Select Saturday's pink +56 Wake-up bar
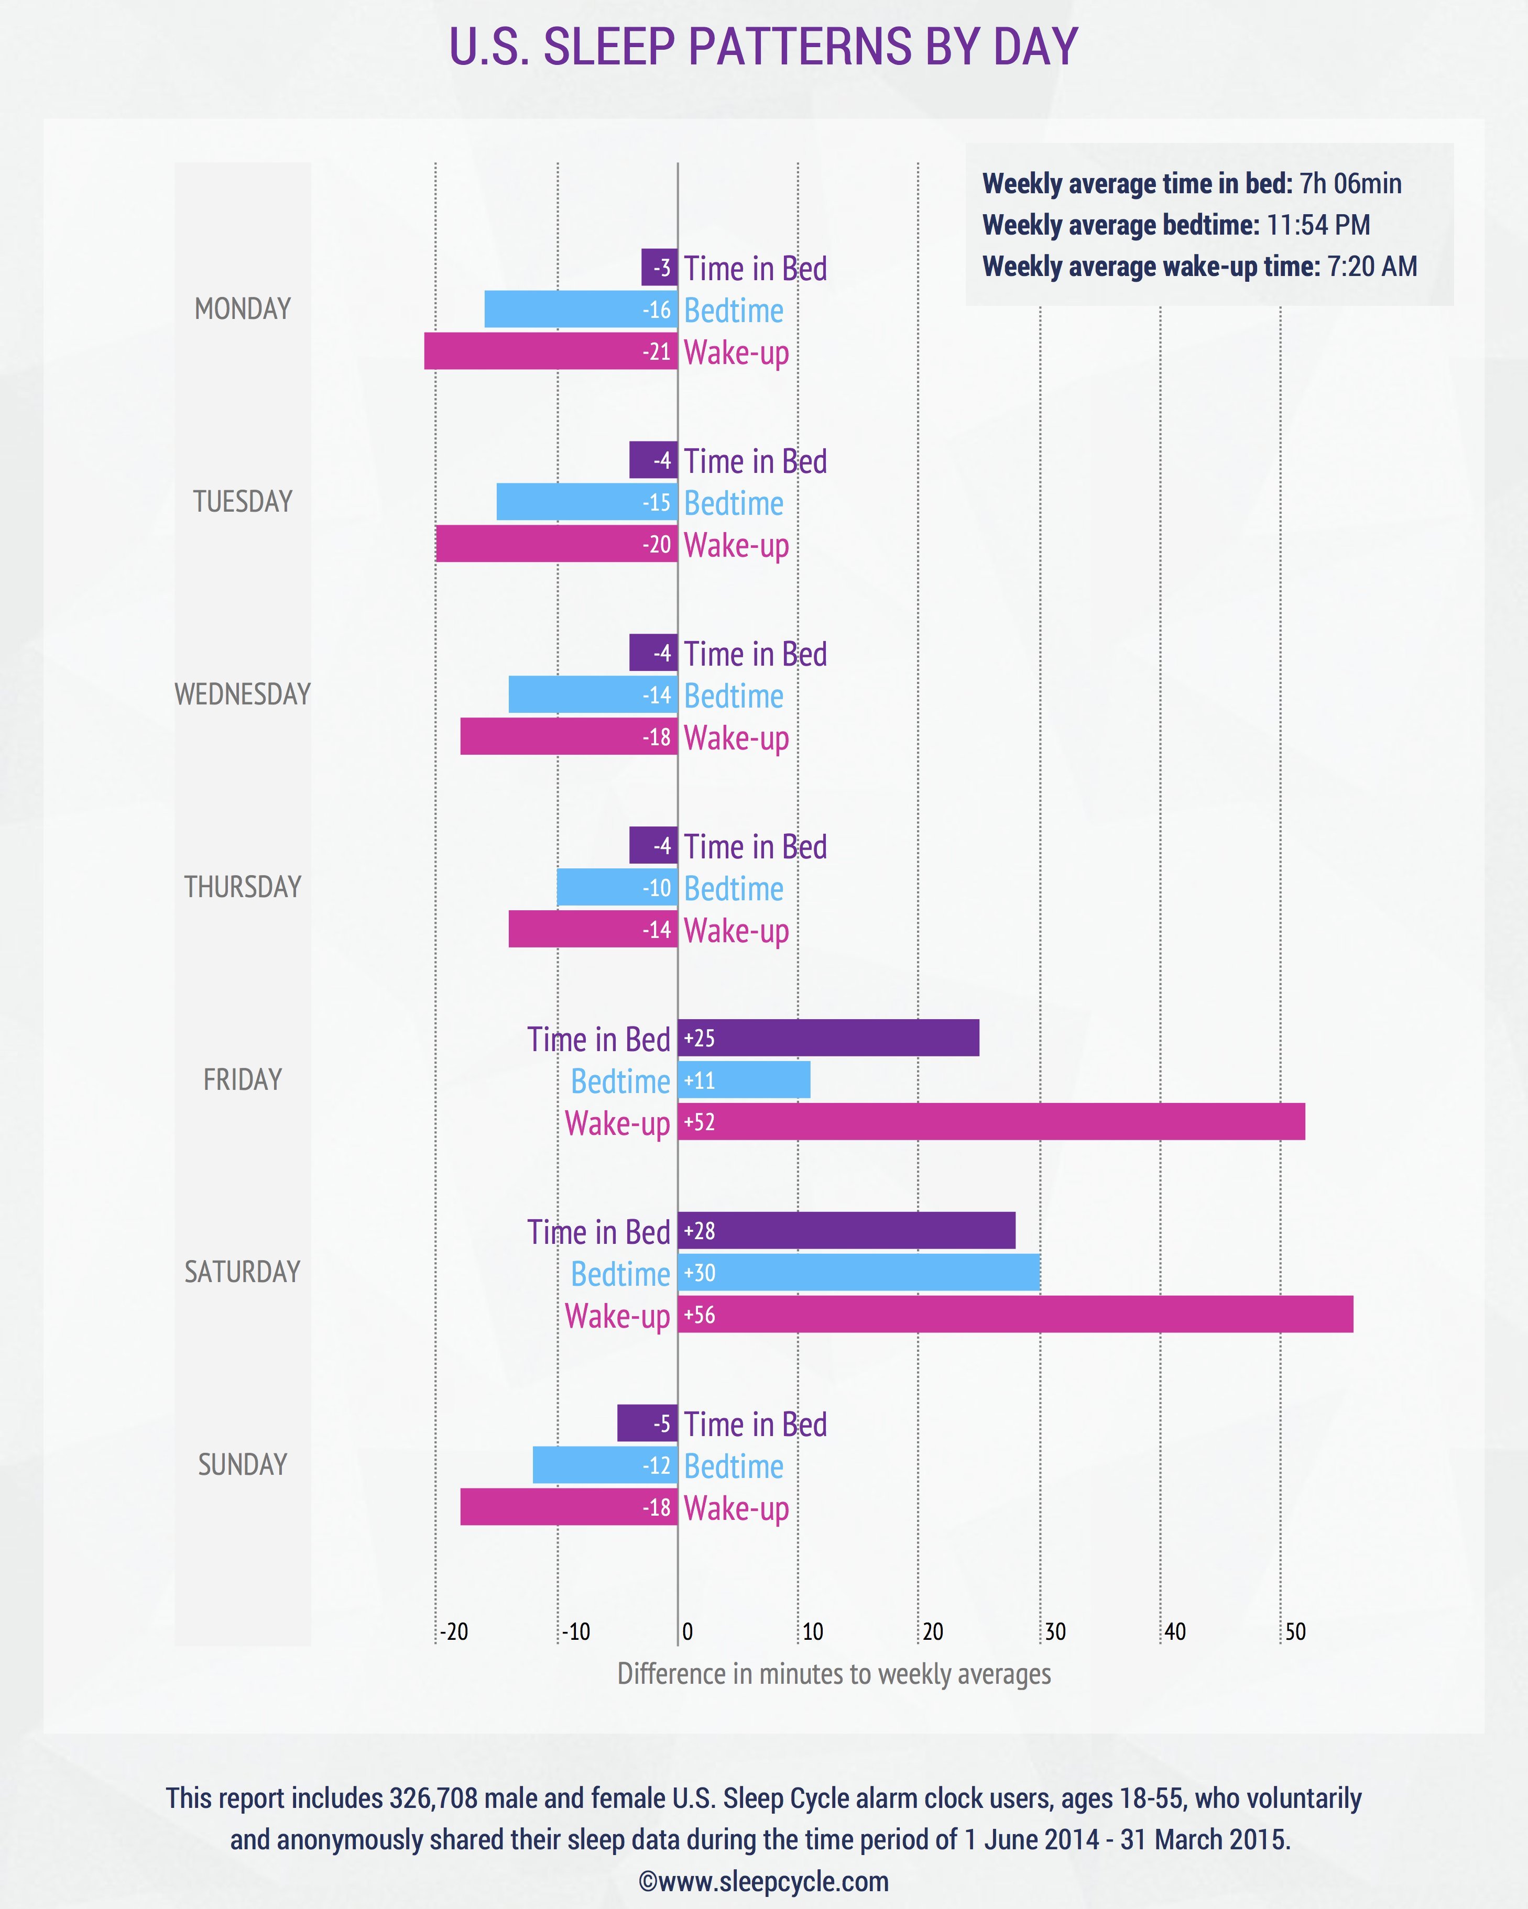[1015, 1314]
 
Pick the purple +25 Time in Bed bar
[828, 1038]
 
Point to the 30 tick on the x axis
[1054, 1632]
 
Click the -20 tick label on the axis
[454, 1632]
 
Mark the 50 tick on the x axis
[1295, 1632]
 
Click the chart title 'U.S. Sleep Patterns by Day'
[763, 47]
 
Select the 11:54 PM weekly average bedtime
[1317, 225]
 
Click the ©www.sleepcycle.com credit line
[763, 1882]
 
